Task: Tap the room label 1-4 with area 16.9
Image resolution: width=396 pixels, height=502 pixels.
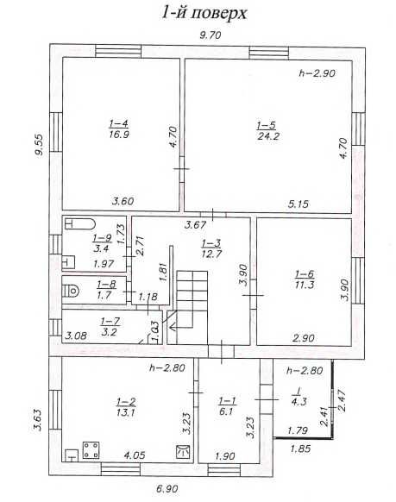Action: click(x=119, y=129)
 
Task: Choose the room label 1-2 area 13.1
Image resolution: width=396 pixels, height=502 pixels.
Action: click(x=126, y=405)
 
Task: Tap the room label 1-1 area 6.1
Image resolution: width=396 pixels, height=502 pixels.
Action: click(x=228, y=405)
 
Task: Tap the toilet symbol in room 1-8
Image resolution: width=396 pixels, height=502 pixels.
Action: click(x=72, y=288)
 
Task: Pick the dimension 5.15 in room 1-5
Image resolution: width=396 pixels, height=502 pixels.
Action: click(x=299, y=204)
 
